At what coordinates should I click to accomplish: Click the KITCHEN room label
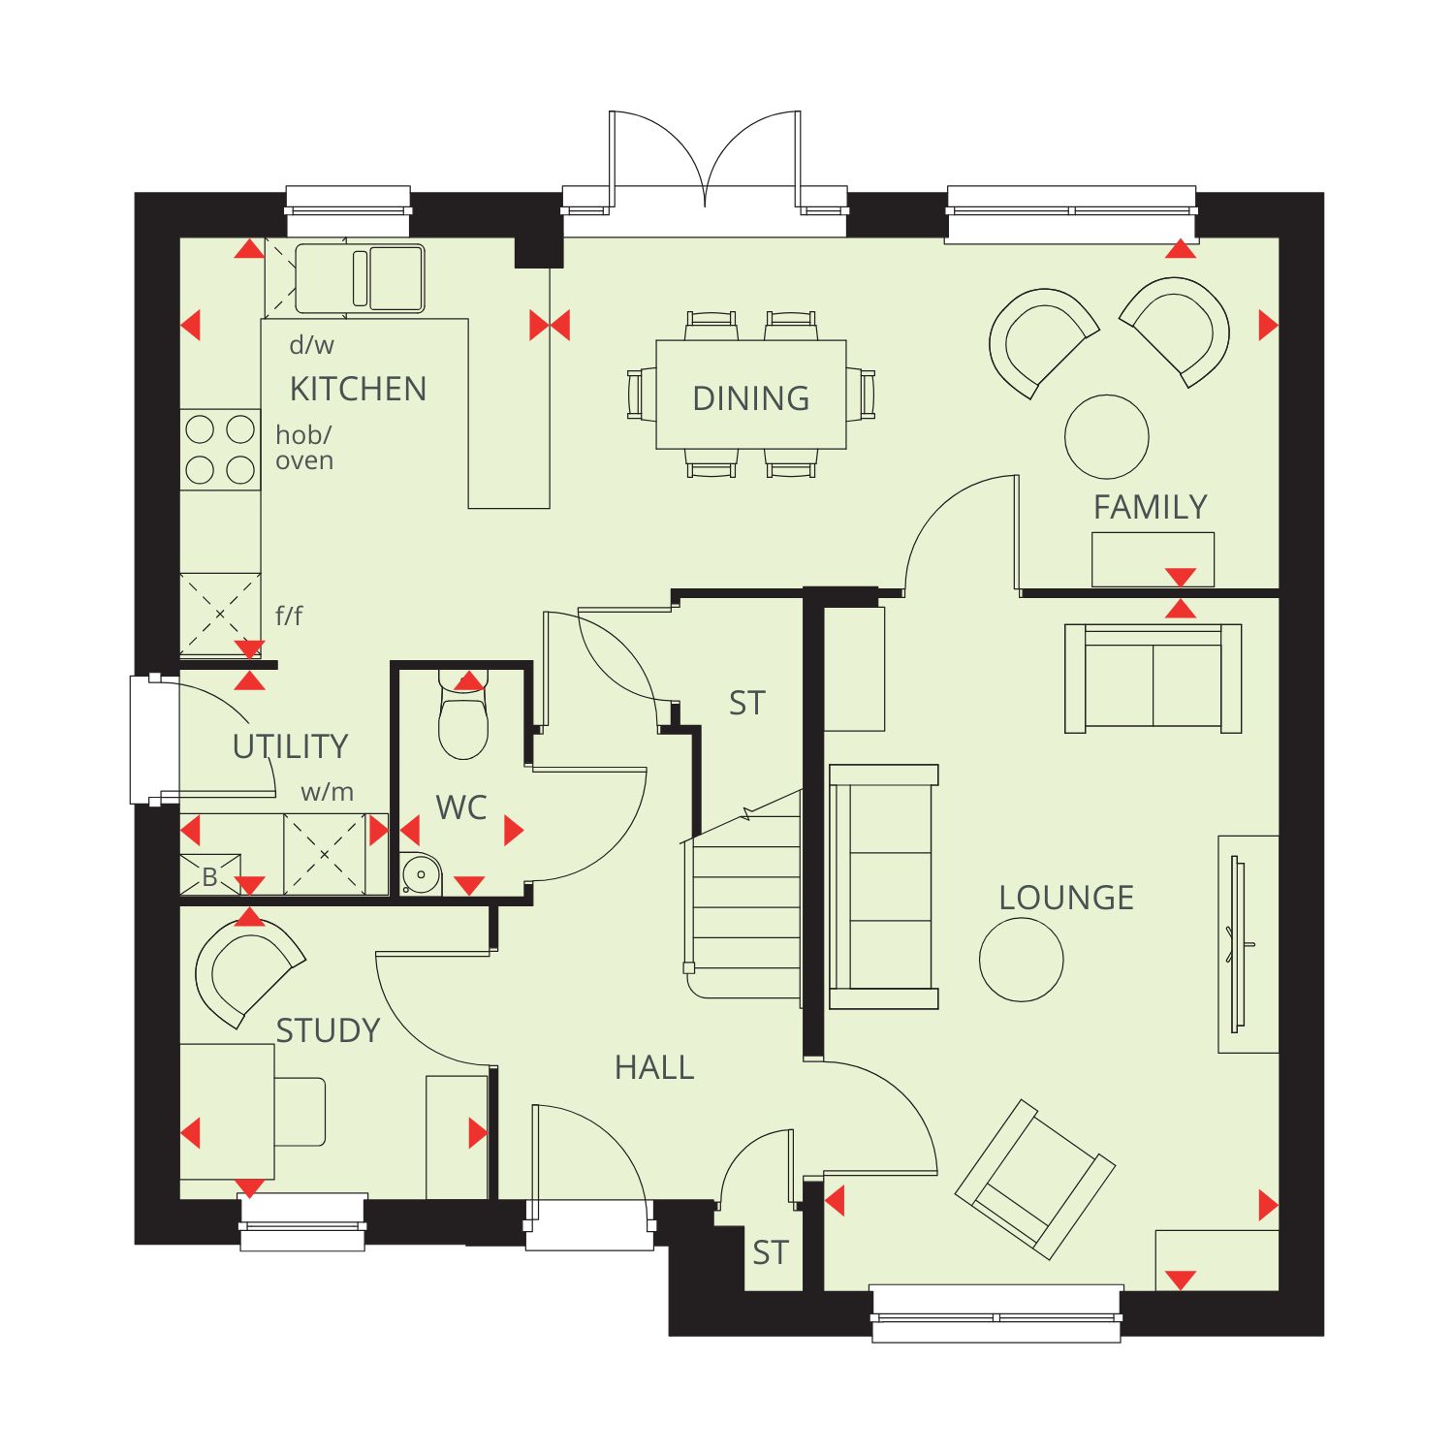coord(358,389)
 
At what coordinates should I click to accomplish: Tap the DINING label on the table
coord(751,397)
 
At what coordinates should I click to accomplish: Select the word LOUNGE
coord(1066,898)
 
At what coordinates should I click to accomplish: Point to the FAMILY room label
coord(1151,507)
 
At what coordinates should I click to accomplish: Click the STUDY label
coord(329,1030)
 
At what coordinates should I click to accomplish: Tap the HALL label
coord(654,1067)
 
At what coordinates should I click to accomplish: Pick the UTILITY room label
coord(290,746)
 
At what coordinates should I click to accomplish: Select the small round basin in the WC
coord(421,873)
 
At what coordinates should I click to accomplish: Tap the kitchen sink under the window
coord(360,278)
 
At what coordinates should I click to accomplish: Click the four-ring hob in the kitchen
coord(220,449)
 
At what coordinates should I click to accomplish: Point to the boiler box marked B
coord(210,874)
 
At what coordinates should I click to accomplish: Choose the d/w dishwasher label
coord(311,345)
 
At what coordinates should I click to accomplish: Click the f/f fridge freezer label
coord(289,615)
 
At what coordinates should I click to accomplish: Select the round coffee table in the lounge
coord(1022,960)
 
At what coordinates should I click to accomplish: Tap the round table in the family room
coord(1107,436)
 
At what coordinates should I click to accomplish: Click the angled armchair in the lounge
coord(1034,1179)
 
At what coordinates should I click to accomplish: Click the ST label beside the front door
coord(771,1253)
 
